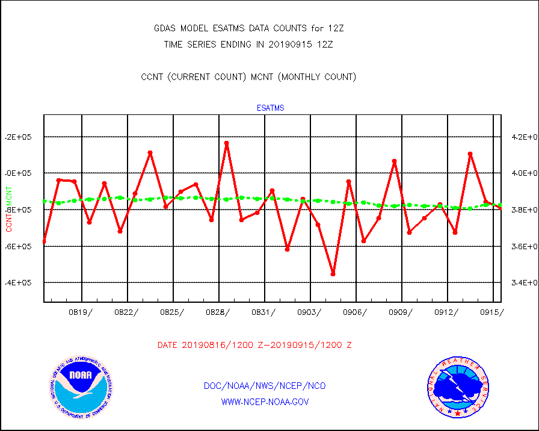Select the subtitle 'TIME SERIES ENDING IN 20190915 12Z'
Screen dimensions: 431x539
point(248,45)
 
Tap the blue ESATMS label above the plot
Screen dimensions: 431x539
point(270,108)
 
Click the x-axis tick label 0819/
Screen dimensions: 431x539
point(81,312)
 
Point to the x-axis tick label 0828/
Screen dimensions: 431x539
point(218,312)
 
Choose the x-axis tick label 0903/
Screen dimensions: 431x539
point(309,312)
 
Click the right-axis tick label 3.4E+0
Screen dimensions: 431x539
point(521,283)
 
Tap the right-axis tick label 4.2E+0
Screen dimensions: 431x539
point(521,137)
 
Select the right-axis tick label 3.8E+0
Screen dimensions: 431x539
point(521,210)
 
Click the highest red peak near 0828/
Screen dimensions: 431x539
point(226,143)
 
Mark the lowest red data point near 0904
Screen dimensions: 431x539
point(333,274)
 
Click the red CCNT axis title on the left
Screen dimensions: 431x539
point(8,221)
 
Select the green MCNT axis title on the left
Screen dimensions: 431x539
point(8,196)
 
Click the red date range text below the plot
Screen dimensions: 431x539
point(254,346)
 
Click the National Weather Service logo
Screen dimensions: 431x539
point(457,388)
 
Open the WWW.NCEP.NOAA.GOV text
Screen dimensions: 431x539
point(265,402)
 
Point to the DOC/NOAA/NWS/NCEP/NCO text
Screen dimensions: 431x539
point(265,386)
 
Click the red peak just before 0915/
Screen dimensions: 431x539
point(470,154)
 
